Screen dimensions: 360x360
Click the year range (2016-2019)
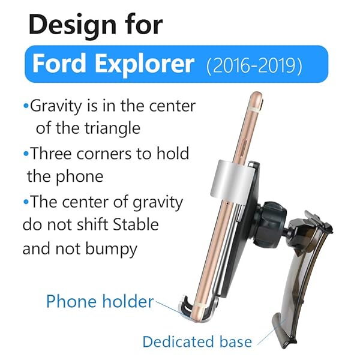[x=254, y=65]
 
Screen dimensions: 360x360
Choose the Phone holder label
[x=100, y=301]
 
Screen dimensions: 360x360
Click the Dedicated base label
[x=197, y=342]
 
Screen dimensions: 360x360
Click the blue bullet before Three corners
[x=26, y=154]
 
